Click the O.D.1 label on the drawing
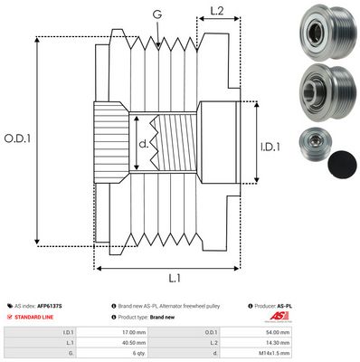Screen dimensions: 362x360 [17, 138]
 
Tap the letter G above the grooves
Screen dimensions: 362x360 [158, 14]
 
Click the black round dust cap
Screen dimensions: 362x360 [339, 163]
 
